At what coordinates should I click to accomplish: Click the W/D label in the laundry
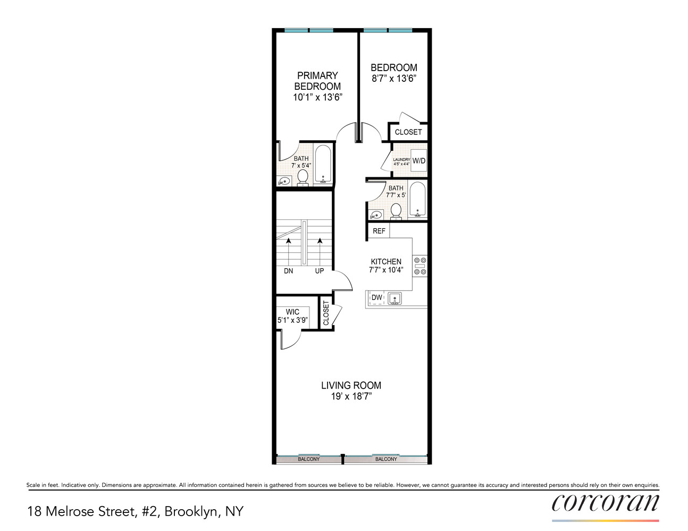pos(419,161)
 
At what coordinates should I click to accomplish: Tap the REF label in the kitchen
pos(379,231)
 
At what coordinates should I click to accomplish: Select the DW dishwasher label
pos(377,297)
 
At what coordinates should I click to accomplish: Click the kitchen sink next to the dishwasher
pos(395,298)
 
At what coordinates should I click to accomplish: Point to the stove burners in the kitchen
pos(421,266)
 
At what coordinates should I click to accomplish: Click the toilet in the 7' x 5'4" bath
pos(303,178)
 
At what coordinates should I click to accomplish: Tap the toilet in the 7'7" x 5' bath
pos(396,211)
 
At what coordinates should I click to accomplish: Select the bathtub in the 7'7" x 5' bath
pos(417,200)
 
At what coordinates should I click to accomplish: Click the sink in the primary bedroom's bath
pos(284,182)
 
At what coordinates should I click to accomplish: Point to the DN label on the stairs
pos(288,271)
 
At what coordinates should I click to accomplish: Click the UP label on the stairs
pos(320,271)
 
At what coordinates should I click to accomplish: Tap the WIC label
pos(292,312)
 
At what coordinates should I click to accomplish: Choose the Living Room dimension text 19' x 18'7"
pos(351,396)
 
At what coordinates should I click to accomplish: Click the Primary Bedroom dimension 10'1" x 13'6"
pos(317,97)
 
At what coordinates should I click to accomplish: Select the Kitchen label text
pos(386,261)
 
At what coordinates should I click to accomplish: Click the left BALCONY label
pos(309,459)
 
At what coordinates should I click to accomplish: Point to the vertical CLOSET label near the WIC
pos(326,313)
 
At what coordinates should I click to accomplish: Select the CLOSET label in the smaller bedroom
pos(408,132)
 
